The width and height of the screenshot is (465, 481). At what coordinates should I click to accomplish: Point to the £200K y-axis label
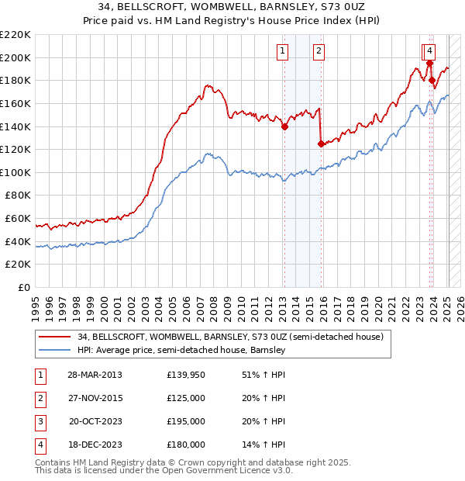[15, 57]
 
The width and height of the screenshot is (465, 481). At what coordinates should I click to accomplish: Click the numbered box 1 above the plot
[283, 52]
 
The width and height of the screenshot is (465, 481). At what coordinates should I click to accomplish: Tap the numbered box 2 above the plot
[319, 52]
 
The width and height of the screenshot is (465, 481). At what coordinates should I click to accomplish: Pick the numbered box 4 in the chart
[429, 52]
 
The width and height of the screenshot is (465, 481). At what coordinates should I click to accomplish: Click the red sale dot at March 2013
[284, 127]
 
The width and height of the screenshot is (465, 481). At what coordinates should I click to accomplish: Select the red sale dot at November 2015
[321, 144]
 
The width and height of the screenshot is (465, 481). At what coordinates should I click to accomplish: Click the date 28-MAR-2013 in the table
[95, 375]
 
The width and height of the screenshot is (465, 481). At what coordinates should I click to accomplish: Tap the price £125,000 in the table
[186, 398]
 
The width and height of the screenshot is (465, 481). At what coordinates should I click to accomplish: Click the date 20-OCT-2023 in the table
[95, 421]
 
